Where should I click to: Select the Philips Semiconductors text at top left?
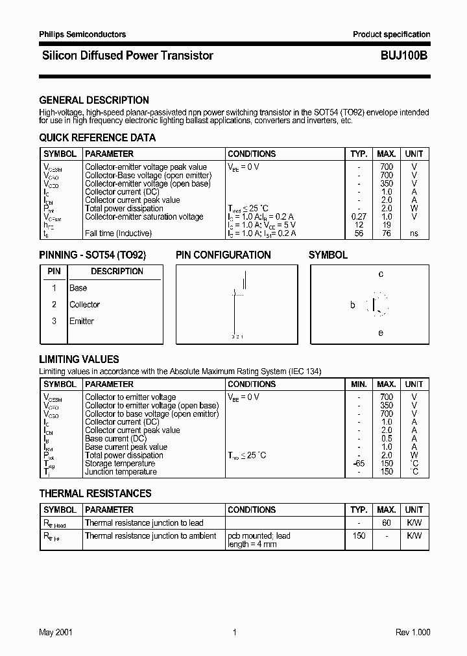[x=82, y=34]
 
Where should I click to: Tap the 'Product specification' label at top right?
[x=391, y=34]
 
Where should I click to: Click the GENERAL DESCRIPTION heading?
[x=94, y=100]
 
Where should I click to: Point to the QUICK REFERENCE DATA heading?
[x=97, y=137]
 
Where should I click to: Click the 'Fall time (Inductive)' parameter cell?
[x=118, y=233]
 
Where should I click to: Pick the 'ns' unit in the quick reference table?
[x=414, y=233]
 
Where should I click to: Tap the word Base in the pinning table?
[x=78, y=288]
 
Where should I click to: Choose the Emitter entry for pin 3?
[x=82, y=321]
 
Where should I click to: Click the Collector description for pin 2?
[x=84, y=305]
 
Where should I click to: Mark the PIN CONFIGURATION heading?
[x=223, y=255]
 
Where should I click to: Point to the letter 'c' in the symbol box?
[x=381, y=274]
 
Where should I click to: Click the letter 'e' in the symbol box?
[x=381, y=333]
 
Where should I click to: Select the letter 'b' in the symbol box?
[x=353, y=305]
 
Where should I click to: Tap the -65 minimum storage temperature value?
[x=359, y=463]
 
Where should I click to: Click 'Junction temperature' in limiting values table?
[x=121, y=472]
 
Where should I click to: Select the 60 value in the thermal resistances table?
[x=387, y=522]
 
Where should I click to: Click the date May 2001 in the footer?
[x=56, y=633]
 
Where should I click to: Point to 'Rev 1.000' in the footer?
[x=413, y=633]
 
